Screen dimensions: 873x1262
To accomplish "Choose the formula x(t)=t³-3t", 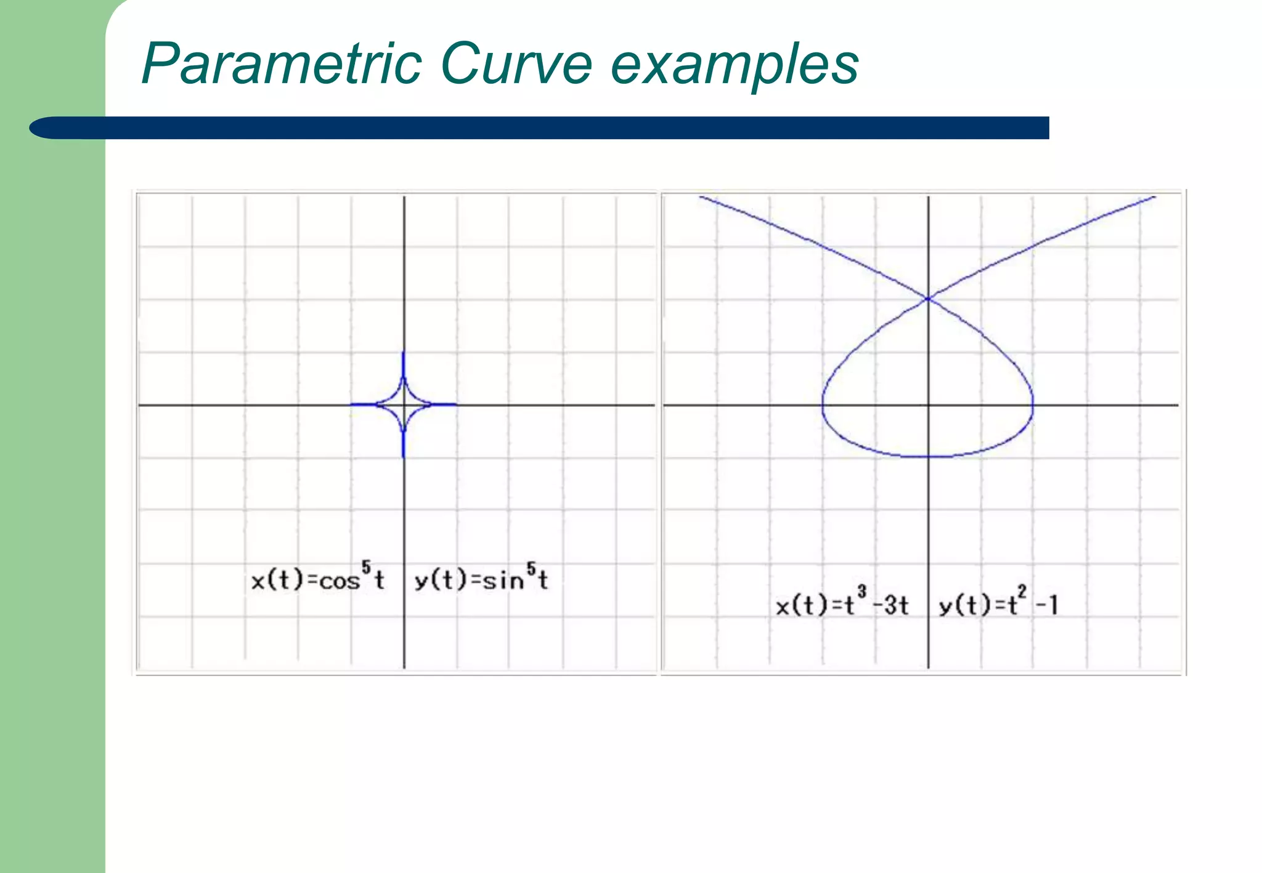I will point(842,605).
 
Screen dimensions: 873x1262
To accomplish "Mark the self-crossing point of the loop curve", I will point(927,299).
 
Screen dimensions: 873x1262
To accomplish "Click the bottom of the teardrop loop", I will point(928,457).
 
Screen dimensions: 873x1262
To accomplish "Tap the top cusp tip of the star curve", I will point(404,352).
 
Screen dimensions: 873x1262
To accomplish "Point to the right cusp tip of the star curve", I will point(456,404).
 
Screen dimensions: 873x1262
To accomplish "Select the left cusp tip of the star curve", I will point(351,404).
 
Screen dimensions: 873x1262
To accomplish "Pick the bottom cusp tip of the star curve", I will point(404,457).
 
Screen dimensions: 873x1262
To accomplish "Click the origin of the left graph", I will point(404,404).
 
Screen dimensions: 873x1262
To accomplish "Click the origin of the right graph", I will point(928,404).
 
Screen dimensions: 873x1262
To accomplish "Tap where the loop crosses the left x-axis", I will point(823,404).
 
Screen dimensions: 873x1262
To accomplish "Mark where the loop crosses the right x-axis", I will point(1033,404).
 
